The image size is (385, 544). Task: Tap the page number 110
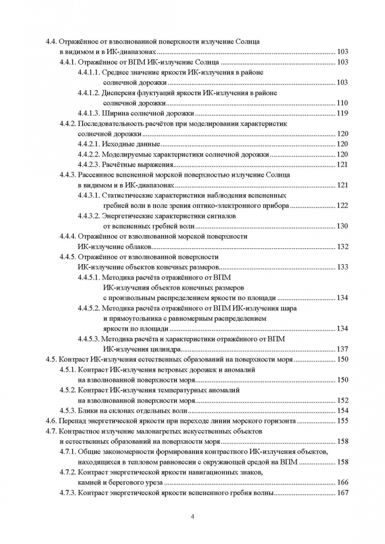coord(342,103)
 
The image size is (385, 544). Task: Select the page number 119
coord(342,113)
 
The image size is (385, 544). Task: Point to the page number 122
coord(342,206)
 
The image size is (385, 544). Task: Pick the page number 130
coord(342,226)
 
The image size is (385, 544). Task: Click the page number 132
coord(342,247)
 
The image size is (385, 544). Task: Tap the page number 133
coord(342,267)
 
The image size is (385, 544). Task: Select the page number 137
coord(342,349)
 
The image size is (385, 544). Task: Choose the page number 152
coord(342,400)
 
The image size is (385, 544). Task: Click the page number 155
coord(342,421)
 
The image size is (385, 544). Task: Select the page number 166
coord(342,483)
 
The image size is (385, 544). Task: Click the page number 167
coord(342,493)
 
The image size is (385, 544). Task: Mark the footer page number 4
coord(192,517)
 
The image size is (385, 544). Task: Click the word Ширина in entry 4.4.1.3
coord(115,113)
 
